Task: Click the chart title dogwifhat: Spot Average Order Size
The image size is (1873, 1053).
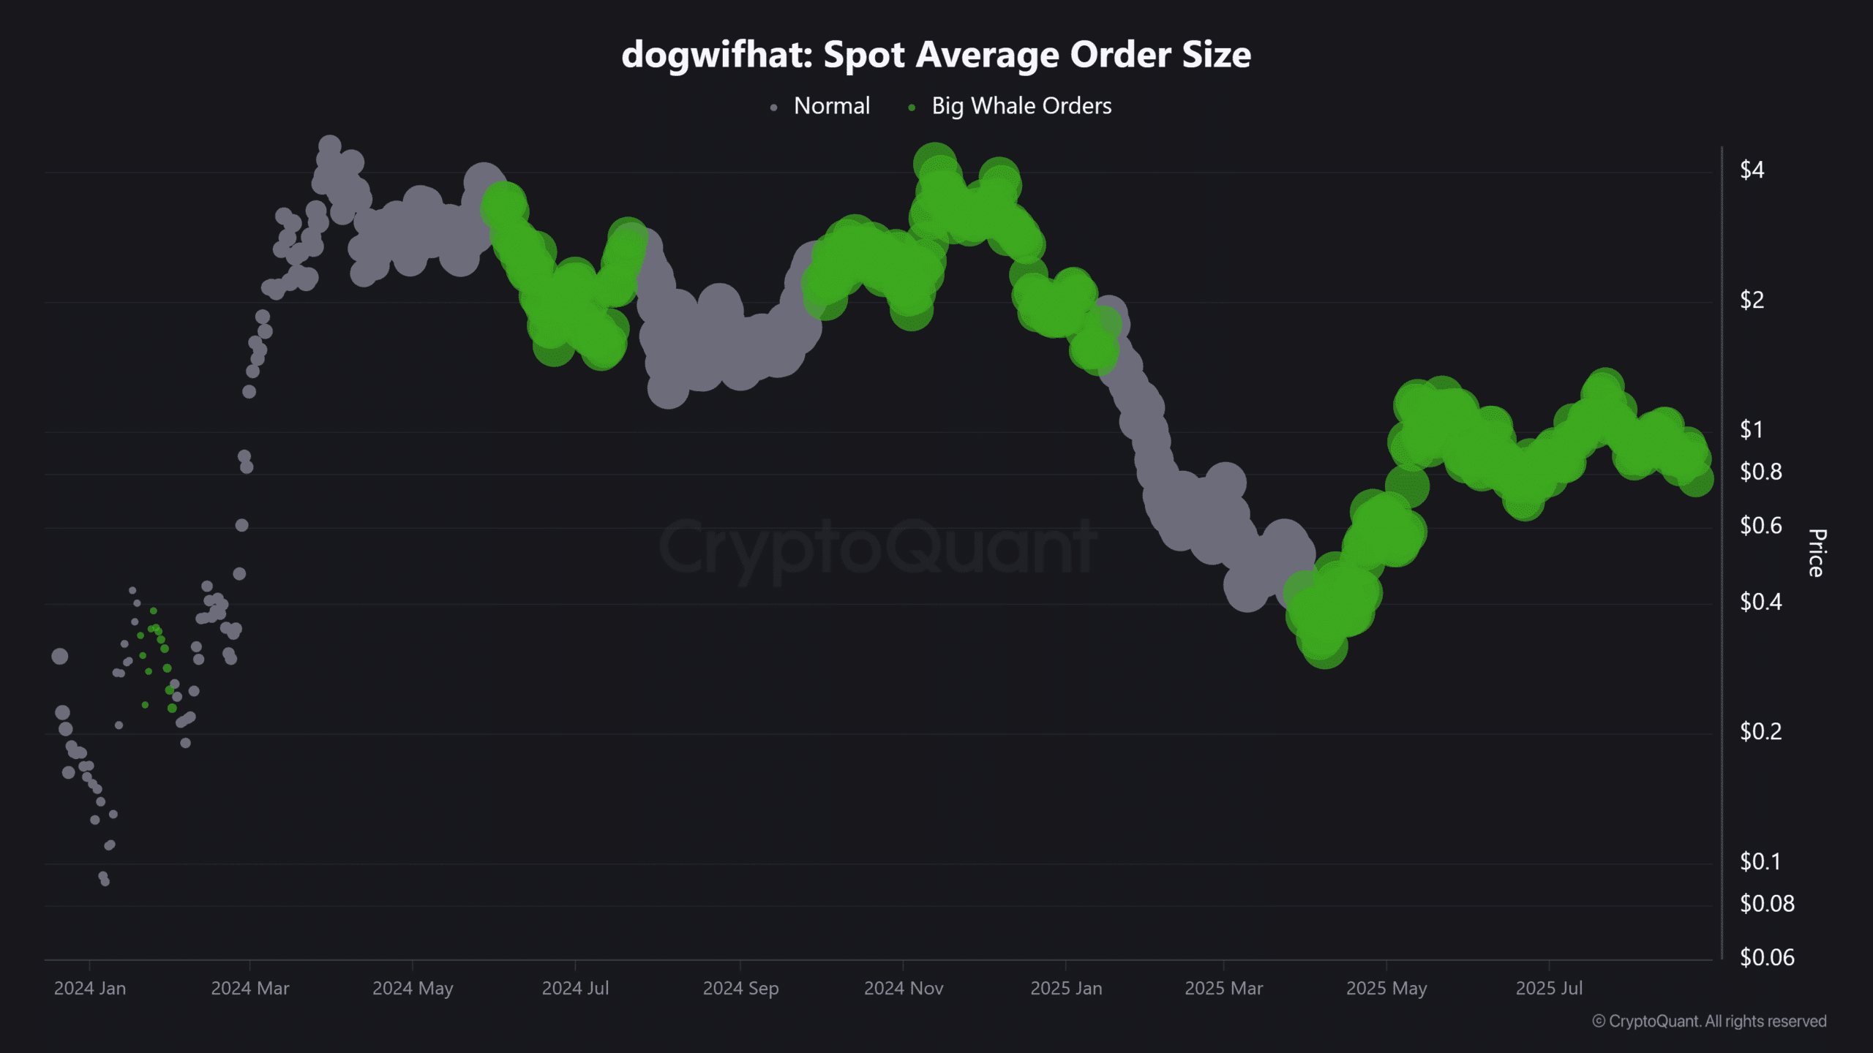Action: click(x=936, y=55)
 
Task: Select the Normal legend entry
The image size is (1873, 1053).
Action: click(x=831, y=106)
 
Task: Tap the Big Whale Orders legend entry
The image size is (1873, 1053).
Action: click(x=1021, y=106)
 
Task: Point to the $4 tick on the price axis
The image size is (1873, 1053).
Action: click(x=1752, y=170)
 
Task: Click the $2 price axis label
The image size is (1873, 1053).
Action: click(x=1752, y=300)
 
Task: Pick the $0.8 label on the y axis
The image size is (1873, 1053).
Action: click(x=1760, y=472)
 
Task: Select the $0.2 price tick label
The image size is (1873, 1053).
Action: click(x=1760, y=731)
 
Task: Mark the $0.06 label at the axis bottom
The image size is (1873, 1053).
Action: click(x=1766, y=957)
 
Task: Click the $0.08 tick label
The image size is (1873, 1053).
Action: click(x=1766, y=904)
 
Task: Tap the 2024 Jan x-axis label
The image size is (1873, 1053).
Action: click(x=90, y=988)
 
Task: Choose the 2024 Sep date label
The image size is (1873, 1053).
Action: click(x=740, y=988)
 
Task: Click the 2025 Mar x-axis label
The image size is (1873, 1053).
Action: click(x=1223, y=988)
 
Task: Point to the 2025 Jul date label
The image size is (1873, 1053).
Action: click(x=1549, y=988)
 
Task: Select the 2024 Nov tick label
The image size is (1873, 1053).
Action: click(x=904, y=988)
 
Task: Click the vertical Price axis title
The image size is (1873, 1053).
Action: click(x=1817, y=553)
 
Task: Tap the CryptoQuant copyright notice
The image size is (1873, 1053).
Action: click(x=1709, y=1021)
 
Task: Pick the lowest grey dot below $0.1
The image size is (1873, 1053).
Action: click(x=105, y=881)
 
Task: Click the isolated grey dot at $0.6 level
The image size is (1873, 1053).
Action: click(x=242, y=525)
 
